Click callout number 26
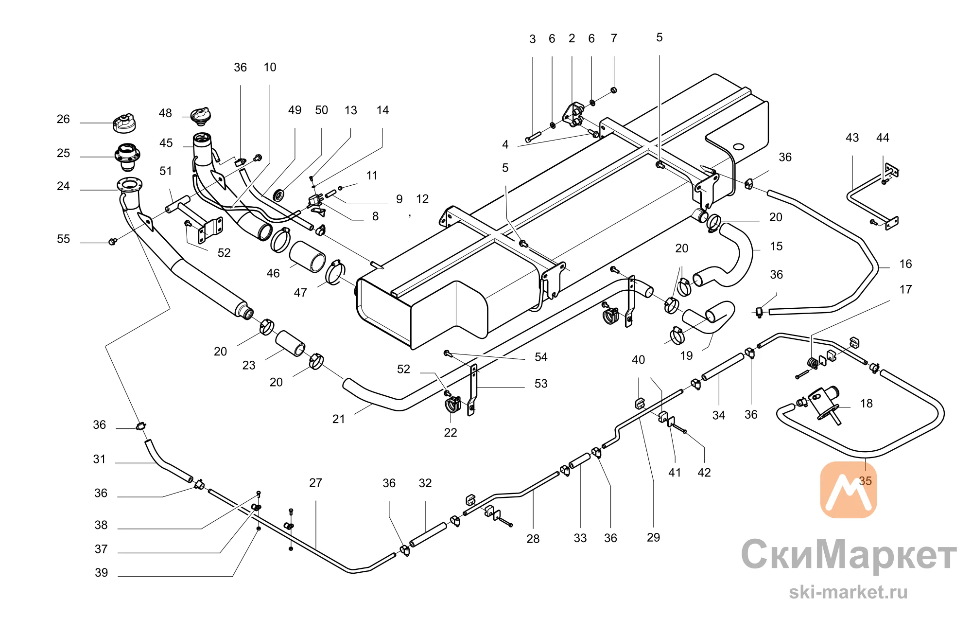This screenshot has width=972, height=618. tap(63, 119)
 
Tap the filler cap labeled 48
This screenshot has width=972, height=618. tap(201, 115)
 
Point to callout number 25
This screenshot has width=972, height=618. tap(63, 153)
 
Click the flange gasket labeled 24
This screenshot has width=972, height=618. tap(130, 185)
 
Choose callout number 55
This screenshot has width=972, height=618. tap(63, 239)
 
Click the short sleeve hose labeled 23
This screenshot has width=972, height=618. tap(291, 343)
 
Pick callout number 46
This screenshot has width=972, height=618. tap(273, 274)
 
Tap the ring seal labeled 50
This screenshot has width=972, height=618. tap(279, 195)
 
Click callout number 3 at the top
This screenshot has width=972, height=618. tap(533, 39)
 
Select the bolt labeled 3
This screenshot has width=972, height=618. tap(533, 137)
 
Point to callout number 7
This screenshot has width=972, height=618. tap(614, 38)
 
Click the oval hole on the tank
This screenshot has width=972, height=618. tap(738, 146)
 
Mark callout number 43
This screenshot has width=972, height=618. tap(852, 138)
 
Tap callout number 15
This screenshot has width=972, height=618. tap(776, 247)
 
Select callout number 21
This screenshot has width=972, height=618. tap(339, 419)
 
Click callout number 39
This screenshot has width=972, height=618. tap(101, 573)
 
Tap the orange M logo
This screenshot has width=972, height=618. tap(849, 490)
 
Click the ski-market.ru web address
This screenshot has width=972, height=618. tap(848, 592)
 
